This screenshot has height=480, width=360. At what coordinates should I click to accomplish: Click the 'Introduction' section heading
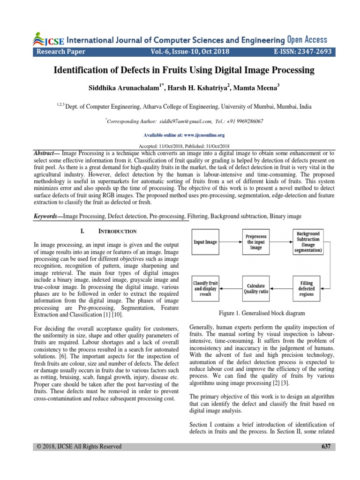click(x=117, y=232)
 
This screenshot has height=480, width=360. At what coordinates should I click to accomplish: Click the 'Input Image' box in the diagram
click(x=206, y=242)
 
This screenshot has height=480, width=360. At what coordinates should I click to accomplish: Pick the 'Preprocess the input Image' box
click(x=256, y=242)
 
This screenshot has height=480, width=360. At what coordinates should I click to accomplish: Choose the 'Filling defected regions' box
click(x=307, y=288)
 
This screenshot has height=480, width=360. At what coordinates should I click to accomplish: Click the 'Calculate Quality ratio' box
click(x=256, y=288)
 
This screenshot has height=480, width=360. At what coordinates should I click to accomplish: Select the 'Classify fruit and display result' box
click(x=206, y=288)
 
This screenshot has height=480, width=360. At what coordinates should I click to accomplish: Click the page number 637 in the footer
click(x=326, y=447)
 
